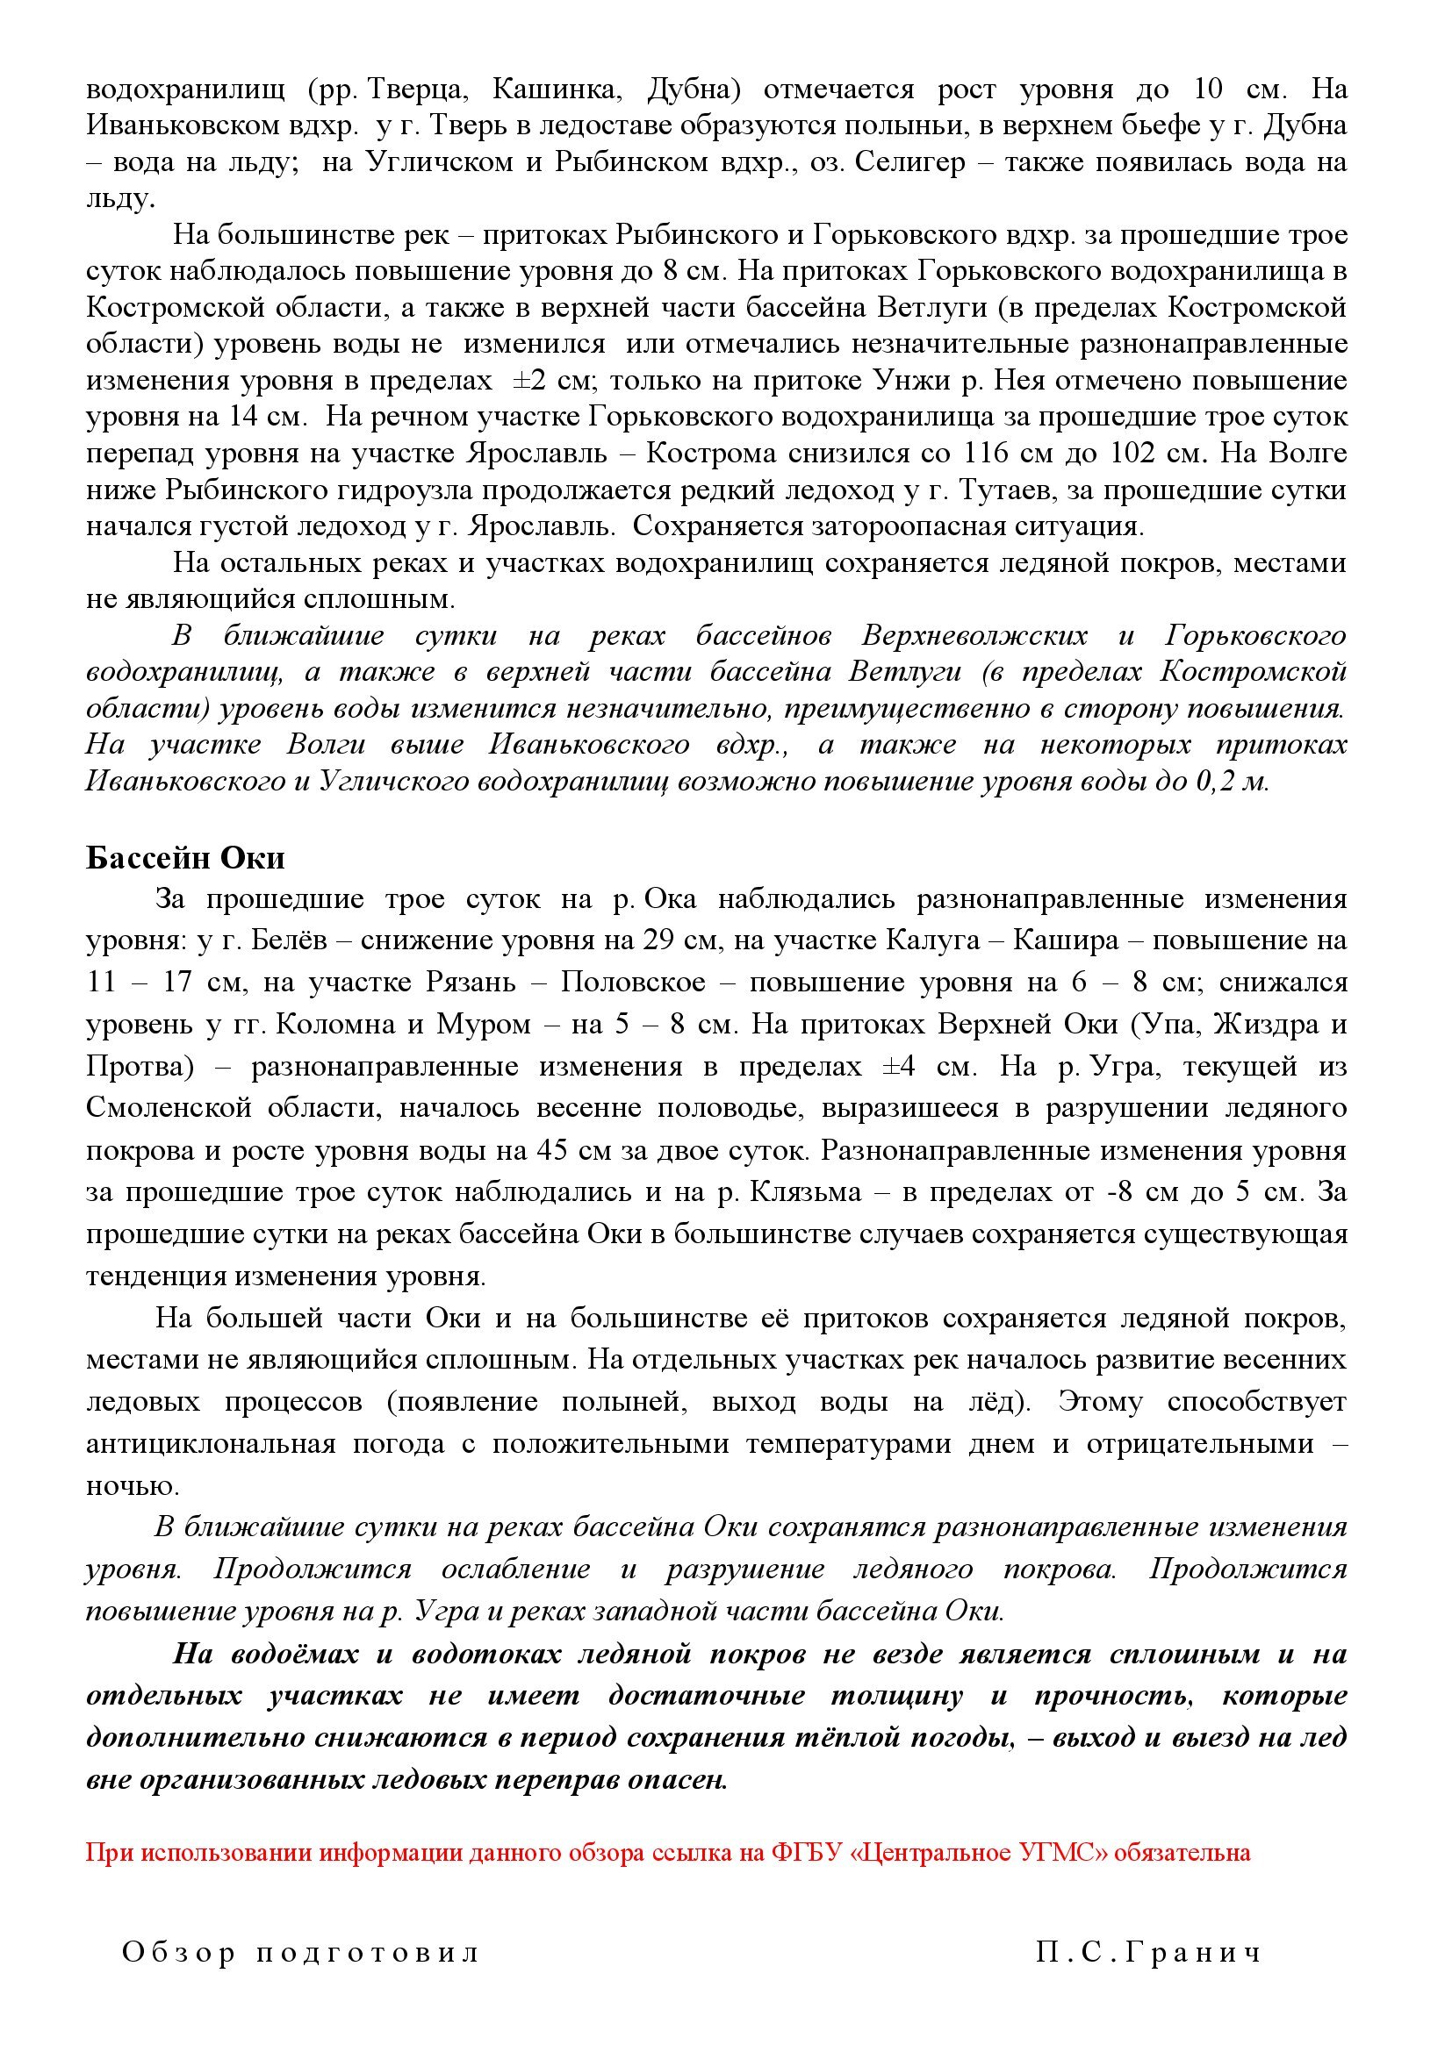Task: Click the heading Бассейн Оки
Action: pos(185,858)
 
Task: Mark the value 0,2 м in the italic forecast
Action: pos(1233,781)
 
